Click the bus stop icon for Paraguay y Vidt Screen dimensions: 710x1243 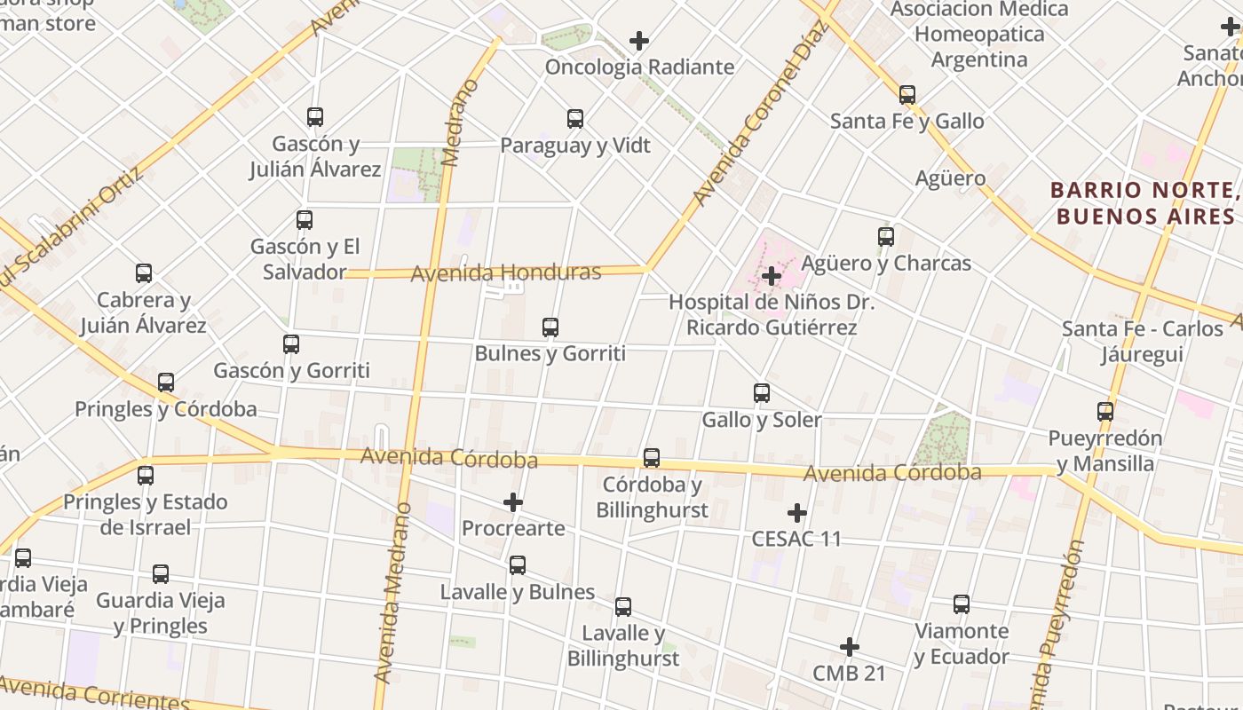tap(575, 118)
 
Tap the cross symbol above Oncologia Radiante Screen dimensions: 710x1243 tap(639, 41)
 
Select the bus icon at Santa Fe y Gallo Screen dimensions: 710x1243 tap(907, 94)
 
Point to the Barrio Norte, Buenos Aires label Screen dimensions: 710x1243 tap(1144, 203)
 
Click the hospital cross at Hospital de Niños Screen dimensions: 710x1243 tap(772, 276)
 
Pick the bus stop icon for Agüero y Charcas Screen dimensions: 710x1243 tap(886, 237)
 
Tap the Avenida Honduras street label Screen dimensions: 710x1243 tap(505, 272)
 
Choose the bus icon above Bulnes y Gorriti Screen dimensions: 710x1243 tap(550, 327)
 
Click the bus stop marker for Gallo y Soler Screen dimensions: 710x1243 tap(762, 393)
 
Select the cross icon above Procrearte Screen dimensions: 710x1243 tap(513, 503)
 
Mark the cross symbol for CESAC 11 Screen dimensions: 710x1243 tap(797, 513)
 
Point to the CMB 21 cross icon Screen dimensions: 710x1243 tap(850, 647)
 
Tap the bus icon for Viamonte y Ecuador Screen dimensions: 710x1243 tap(962, 604)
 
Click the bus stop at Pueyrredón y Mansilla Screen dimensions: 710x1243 tap(1105, 412)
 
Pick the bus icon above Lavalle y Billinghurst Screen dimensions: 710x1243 tap(623, 607)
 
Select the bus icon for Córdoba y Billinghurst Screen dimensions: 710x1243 tap(652, 458)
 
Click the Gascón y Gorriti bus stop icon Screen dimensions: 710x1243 tap(291, 344)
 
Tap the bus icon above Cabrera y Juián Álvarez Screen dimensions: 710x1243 tap(144, 273)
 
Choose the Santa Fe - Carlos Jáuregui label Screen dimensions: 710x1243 tap(1143, 342)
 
